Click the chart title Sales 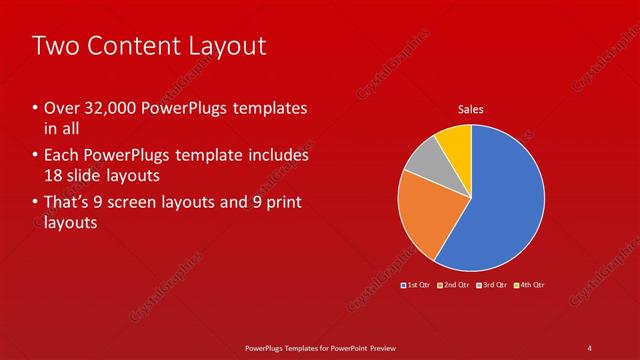[x=472, y=109]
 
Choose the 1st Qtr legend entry [x=415, y=285]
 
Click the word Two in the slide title [x=54, y=46]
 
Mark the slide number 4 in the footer [x=590, y=347]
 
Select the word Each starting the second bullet [x=62, y=156]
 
